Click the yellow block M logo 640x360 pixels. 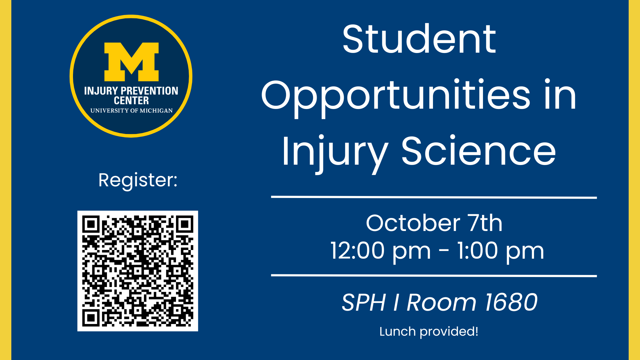point(131,62)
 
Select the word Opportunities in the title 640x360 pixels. point(396,97)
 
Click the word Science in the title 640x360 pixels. point(479,151)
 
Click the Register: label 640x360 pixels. point(138,181)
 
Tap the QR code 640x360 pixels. point(138,271)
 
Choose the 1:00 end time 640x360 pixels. point(477,251)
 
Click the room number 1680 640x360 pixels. point(511,302)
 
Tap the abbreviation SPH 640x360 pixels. point(364,302)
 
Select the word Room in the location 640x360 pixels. point(441,302)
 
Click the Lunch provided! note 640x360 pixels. point(429,332)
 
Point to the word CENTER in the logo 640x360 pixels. point(131,101)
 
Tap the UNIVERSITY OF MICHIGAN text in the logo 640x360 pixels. point(131,111)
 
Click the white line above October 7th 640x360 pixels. point(434,197)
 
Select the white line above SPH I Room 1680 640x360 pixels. point(434,276)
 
